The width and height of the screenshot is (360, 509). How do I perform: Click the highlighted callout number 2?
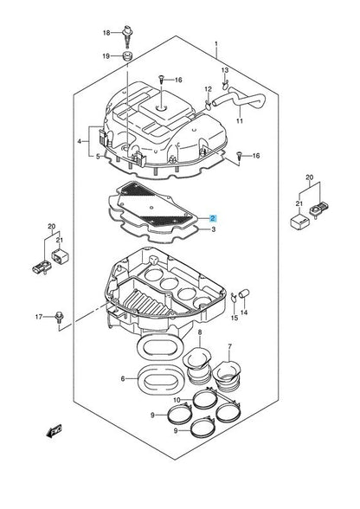[213, 220]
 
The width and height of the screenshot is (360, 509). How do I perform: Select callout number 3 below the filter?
[213, 231]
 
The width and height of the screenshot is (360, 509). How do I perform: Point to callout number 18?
[107, 33]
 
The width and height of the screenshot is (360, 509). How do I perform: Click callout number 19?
[107, 56]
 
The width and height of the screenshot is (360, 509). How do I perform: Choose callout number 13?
[224, 69]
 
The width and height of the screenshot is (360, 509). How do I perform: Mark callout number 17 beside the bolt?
[38, 317]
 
